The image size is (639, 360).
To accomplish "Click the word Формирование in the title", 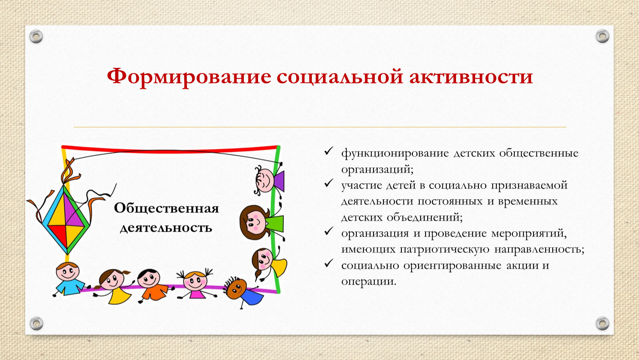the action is (189, 77).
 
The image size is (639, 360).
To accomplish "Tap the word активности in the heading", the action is (471, 77).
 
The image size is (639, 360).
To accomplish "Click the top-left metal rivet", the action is (36, 37).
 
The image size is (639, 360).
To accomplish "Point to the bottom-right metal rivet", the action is (602, 323).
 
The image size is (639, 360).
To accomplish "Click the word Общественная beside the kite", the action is (166, 208).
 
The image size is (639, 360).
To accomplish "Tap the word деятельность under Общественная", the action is (166, 228).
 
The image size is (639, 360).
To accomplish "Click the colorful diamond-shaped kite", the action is (66, 220).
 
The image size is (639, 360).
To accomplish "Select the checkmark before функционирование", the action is (328, 151).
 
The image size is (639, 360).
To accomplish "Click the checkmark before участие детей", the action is (328, 183).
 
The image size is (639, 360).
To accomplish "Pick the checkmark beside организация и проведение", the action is (328, 231).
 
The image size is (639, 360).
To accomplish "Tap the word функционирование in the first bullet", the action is (395, 153).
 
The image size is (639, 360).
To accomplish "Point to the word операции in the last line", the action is (369, 282).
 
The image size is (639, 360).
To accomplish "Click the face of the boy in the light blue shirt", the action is (67, 272).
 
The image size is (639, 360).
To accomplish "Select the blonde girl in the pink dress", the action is (195, 284).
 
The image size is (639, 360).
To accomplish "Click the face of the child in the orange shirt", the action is (149, 278).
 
